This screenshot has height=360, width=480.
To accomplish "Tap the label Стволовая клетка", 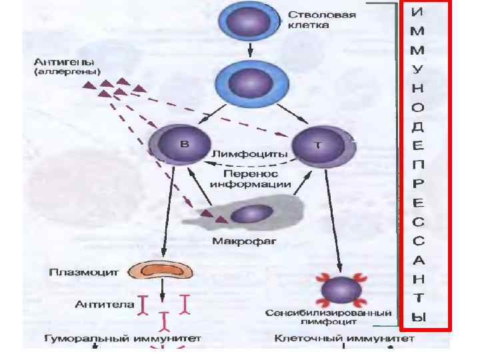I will click(313, 19).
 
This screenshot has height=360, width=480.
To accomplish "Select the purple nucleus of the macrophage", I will click(251, 214).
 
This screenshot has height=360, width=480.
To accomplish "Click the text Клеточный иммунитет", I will click(344, 339).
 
